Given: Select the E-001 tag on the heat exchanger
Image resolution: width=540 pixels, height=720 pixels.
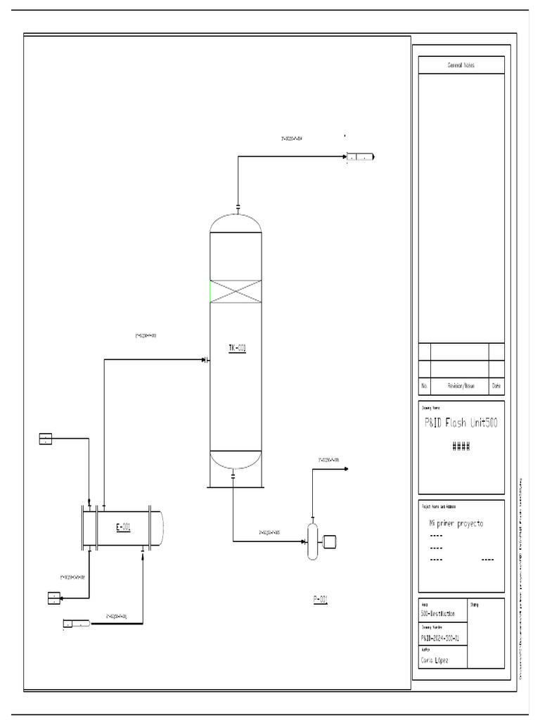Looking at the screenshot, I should click(123, 527).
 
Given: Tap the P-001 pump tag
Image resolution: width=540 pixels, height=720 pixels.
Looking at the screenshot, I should click(321, 600).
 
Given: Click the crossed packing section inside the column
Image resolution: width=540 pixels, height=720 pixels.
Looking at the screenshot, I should click(236, 291).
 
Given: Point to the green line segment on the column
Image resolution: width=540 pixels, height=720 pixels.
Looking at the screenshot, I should click(210, 291).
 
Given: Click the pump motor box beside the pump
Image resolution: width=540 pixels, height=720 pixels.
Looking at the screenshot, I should click(329, 541).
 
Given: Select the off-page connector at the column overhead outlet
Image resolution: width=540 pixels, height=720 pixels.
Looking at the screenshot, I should click(361, 157).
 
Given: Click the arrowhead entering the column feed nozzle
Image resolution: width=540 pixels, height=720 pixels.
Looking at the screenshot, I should click(203, 360).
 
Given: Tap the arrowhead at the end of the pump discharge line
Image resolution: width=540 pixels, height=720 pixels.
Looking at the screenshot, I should click(345, 468).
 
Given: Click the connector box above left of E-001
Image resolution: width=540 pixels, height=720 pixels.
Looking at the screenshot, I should click(46, 439).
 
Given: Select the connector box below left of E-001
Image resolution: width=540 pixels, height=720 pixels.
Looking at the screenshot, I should click(54, 598).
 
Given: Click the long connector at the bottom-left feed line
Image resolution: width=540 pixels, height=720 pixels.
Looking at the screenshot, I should click(77, 623).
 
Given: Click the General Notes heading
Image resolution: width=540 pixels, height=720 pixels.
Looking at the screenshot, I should click(461, 65).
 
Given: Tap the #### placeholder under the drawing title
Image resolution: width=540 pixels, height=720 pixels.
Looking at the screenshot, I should click(461, 446).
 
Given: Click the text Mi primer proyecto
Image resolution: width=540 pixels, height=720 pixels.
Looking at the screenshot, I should click(456, 524).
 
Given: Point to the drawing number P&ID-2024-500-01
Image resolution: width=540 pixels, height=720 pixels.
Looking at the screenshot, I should click(440, 638).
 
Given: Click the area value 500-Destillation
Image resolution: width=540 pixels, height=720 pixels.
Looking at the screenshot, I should click(438, 614).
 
